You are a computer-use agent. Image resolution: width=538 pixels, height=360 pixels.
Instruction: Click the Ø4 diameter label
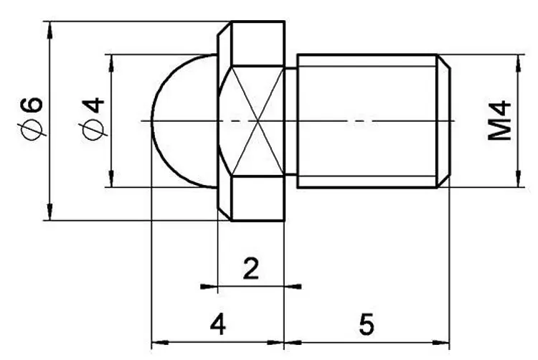point(93,118)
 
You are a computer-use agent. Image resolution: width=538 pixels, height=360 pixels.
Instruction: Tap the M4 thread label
point(499,120)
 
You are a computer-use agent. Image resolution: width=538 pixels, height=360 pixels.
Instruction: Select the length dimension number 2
point(251,268)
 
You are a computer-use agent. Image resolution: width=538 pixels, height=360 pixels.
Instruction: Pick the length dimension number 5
point(367,323)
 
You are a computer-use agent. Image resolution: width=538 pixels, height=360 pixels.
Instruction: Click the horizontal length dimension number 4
point(218,323)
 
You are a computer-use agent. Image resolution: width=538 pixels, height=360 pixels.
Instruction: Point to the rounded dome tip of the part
point(151,121)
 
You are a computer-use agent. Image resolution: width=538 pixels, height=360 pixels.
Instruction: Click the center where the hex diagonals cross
point(258,120)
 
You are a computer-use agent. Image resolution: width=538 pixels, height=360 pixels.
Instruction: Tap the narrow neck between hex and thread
point(291,121)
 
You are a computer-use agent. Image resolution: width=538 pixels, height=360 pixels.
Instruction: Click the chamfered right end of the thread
point(443,121)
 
